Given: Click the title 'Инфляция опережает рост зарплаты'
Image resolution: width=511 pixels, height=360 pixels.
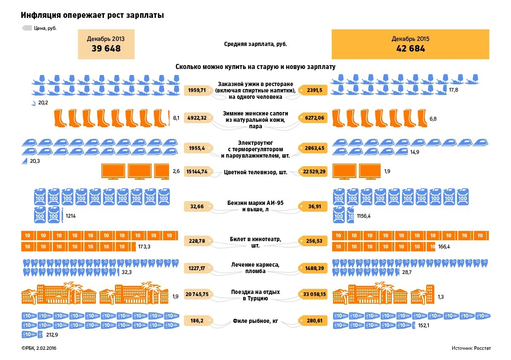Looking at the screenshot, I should [92, 15].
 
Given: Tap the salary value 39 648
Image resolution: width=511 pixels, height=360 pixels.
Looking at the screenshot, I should [106, 49].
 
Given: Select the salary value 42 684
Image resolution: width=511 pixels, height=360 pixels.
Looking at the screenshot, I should [410, 49].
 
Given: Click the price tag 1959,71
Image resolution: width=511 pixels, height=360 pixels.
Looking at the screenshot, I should [198, 90].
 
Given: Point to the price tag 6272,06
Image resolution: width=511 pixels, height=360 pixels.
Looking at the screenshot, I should [314, 118].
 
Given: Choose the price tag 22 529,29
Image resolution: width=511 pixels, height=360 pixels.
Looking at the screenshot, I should [314, 172].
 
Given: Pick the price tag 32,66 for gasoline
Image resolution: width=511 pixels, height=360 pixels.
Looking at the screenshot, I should [198, 207].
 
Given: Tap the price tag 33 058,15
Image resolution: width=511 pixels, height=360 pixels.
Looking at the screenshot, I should [314, 294].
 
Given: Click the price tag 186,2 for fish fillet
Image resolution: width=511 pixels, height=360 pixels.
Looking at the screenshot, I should [198, 320].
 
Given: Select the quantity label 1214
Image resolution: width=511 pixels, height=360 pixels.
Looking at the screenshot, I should [71, 216].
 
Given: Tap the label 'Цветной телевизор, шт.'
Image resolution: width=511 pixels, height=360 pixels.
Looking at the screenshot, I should [255, 173].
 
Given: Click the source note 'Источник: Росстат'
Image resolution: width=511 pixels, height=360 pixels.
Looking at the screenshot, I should [471, 348].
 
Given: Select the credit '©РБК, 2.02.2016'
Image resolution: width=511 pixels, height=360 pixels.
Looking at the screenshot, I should [39, 348].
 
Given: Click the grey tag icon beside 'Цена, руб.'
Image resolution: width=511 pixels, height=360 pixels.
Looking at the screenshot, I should [27, 28].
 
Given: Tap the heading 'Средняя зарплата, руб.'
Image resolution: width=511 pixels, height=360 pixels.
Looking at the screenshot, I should [255, 44].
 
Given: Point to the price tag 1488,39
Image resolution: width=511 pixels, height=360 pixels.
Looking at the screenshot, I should [314, 268].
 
